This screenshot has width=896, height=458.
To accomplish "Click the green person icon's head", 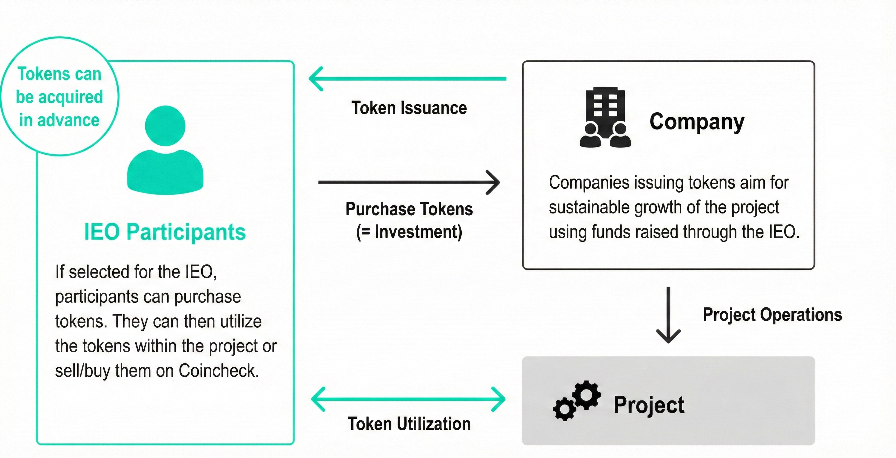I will point(165,126).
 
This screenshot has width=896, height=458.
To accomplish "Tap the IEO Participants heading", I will point(165,232).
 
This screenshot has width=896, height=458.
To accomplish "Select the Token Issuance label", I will point(409,108).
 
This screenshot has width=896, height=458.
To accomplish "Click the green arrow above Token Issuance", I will point(407,79).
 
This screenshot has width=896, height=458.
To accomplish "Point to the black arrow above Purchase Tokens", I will point(409,182).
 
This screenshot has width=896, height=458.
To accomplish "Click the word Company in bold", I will point(697,122).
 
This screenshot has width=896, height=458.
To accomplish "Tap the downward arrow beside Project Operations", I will point(668,315).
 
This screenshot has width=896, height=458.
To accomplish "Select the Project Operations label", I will point(772,315).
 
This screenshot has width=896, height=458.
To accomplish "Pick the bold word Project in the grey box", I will point(649,405).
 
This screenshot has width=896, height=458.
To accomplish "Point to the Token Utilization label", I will point(409,424).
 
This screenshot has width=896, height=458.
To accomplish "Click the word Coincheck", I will point(218,371).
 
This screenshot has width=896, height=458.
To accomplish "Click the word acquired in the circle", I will point(71,97).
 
